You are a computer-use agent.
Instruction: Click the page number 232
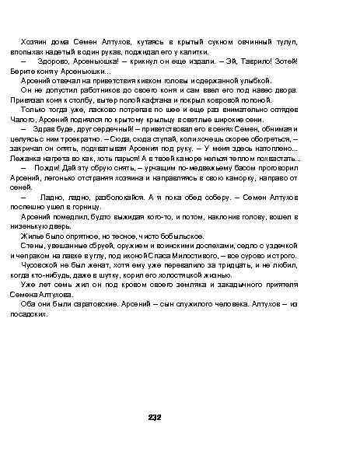coord(155,418)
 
